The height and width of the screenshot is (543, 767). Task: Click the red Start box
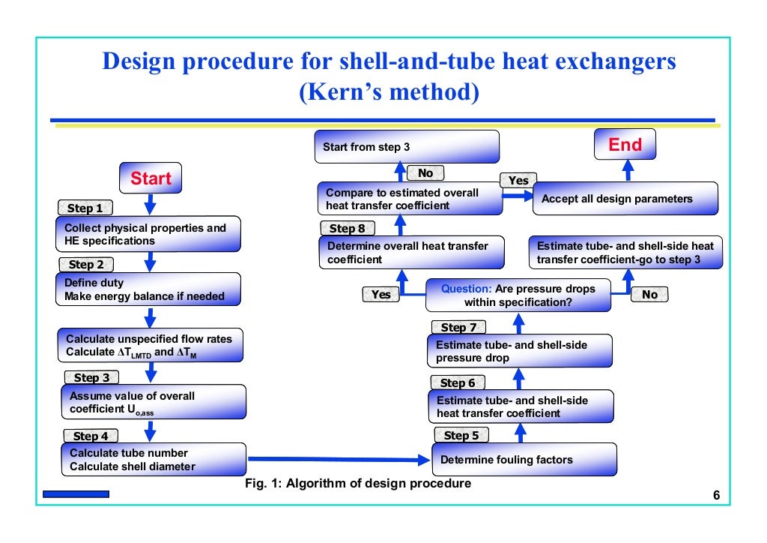click(x=151, y=178)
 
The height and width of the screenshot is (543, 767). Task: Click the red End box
click(x=625, y=145)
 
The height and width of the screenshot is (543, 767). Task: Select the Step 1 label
click(x=85, y=208)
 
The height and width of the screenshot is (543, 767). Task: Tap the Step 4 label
click(x=91, y=436)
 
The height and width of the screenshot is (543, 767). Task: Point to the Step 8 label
click(x=347, y=228)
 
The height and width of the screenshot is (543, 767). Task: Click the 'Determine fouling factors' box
click(x=524, y=460)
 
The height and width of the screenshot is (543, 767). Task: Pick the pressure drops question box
click(x=518, y=295)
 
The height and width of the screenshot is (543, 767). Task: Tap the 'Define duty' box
click(x=148, y=290)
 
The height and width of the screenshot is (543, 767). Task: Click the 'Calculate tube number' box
click(x=154, y=460)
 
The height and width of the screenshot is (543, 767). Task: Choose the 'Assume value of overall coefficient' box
click(x=153, y=402)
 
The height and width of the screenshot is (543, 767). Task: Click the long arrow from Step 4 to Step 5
click(x=337, y=459)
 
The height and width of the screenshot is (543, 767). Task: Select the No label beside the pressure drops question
click(x=649, y=295)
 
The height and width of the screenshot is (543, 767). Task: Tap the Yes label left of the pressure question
click(x=381, y=295)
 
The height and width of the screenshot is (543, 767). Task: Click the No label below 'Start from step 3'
click(x=425, y=173)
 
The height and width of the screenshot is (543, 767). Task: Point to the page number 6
click(x=716, y=496)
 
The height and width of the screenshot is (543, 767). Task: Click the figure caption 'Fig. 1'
click(x=358, y=484)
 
